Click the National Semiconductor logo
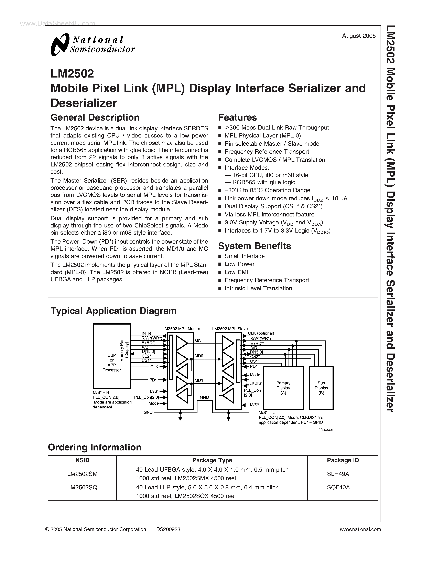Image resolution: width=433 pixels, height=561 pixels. click(92, 44)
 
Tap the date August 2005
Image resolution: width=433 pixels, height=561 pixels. click(359, 36)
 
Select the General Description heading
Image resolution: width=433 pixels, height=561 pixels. click(95, 118)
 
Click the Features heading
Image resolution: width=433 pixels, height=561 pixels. click(237, 118)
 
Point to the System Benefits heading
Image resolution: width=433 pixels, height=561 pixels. click(255, 246)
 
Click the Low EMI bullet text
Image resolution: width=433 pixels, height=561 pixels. click(236, 272)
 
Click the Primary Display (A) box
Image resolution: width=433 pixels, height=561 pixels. click(283, 388)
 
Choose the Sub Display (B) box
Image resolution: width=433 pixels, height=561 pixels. click(321, 388)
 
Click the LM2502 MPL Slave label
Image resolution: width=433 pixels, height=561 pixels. click(230, 329)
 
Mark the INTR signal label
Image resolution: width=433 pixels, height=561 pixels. click(147, 333)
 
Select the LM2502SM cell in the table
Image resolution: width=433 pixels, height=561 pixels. click(82, 474)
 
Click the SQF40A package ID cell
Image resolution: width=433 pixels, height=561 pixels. click(338, 487)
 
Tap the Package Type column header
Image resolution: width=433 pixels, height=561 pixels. click(212, 460)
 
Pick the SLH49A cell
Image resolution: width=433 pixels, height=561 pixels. click(338, 474)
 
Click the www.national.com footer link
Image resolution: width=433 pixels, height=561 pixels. click(360, 529)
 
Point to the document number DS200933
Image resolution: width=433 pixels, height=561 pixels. click(168, 529)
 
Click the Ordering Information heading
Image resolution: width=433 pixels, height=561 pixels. click(95, 447)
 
